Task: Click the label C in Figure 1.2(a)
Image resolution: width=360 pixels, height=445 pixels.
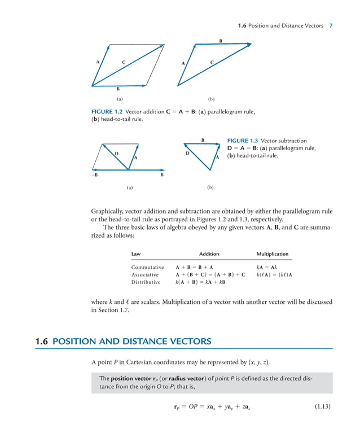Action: [124, 61]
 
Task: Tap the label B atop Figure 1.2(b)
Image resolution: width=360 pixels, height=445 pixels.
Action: [221, 41]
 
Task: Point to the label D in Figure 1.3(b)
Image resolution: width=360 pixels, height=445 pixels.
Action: [187, 153]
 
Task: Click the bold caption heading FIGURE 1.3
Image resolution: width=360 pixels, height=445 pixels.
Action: [242, 141]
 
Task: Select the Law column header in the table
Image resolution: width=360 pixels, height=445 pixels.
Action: [136, 254]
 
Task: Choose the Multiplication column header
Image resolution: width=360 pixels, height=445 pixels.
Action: [272, 254]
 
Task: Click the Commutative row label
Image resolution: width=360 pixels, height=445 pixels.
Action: [147, 267]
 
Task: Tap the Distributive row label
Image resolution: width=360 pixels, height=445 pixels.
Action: [146, 282]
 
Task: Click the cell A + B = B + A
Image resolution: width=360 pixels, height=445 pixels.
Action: [194, 267]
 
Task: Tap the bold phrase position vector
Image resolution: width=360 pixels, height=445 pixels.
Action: [130, 378]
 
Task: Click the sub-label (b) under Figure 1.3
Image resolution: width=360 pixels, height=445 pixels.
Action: [210, 187]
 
